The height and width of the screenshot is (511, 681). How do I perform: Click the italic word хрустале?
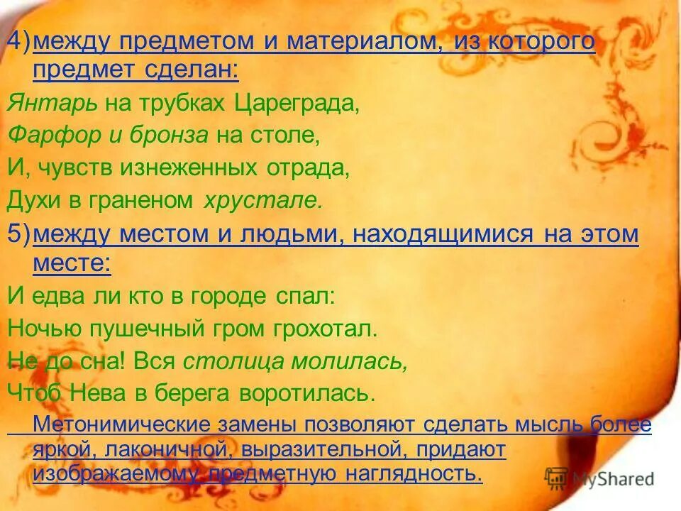point(262,201)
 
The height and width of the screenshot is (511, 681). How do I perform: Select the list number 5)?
point(18,234)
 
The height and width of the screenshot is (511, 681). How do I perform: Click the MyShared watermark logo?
point(599,478)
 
